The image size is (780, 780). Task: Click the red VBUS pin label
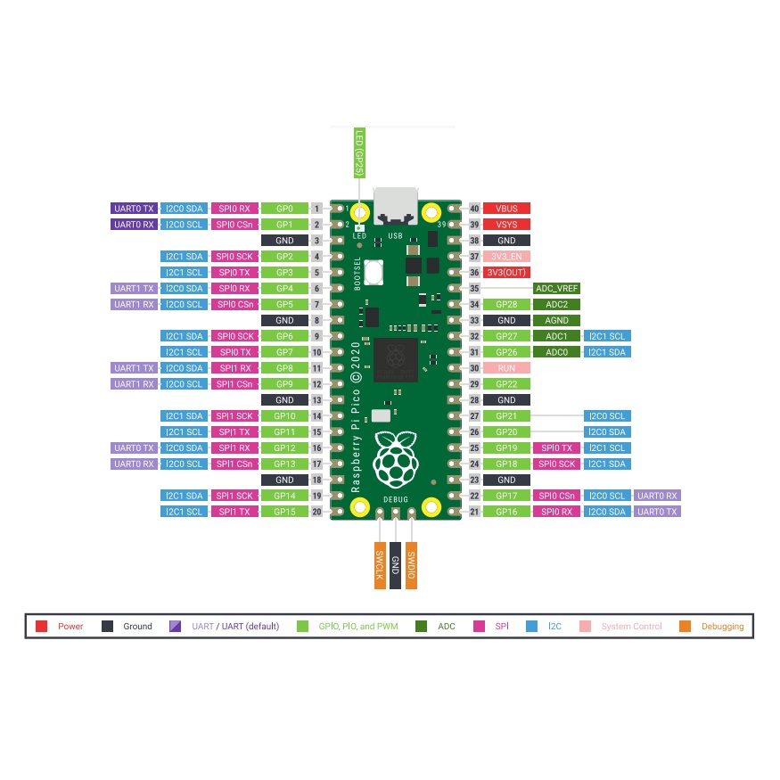506,209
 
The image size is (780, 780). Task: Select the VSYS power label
506,225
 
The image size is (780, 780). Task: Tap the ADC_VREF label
557,288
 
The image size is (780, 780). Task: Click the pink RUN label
506,368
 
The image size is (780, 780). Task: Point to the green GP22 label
506,384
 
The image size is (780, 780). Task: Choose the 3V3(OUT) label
506,273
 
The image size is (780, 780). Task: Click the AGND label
557,320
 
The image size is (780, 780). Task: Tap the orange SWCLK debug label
379,565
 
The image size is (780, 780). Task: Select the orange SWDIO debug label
411,565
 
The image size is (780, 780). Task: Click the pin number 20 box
316,512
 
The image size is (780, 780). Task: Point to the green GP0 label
284,209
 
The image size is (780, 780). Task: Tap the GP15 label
284,512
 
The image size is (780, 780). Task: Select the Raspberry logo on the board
396,457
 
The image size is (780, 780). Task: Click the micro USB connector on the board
396,207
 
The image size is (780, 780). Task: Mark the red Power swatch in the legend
42,627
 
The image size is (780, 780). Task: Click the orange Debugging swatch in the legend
685,627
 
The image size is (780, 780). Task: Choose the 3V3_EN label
506,257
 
